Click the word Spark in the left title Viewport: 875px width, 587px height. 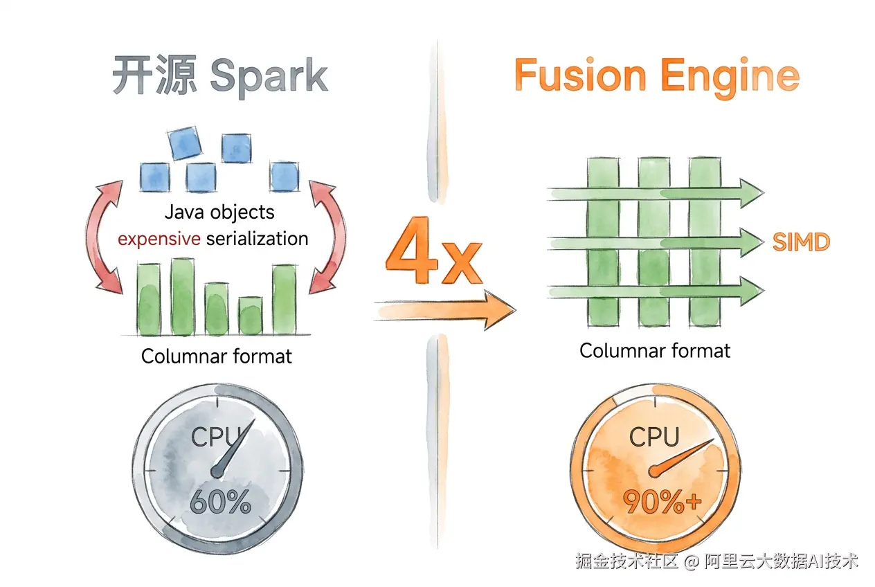tap(269, 76)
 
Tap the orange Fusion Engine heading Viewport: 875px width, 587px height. tap(657, 77)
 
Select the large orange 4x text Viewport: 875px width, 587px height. tap(434, 251)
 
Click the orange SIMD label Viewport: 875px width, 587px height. tap(801, 242)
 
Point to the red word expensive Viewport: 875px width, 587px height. tap(159, 238)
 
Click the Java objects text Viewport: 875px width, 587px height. tap(219, 213)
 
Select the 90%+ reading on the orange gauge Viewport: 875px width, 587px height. tap(662, 501)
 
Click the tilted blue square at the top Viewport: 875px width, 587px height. tap(185, 143)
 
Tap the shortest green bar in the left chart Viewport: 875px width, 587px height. tap(251, 316)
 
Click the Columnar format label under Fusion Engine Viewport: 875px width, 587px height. tap(655, 351)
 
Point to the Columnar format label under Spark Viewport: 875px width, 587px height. tap(217, 356)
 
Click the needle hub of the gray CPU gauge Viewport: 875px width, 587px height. tap(217, 472)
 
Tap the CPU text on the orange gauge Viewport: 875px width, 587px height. tap(654, 436)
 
